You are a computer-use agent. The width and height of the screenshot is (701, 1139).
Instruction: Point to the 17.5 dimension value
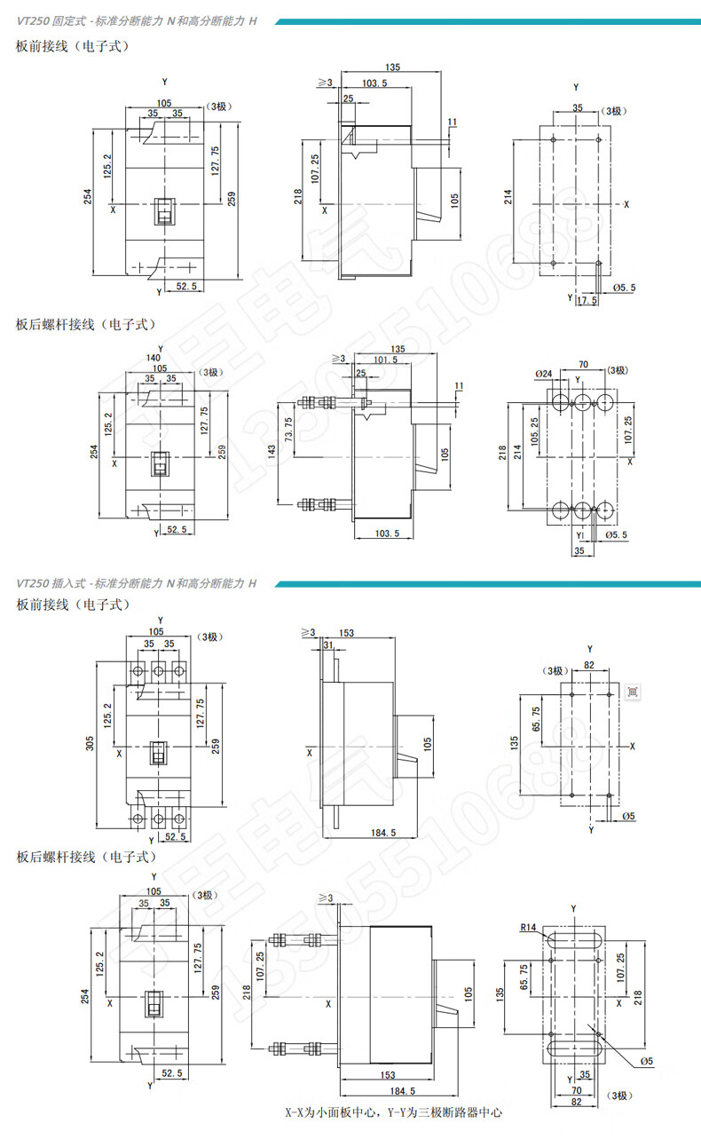click(x=587, y=302)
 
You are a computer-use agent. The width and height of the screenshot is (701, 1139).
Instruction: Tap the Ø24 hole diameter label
click(x=544, y=374)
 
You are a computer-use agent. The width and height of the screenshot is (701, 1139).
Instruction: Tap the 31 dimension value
click(x=329, y=645)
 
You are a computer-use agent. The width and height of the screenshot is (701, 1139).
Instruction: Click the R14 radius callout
click(x=530, y=929)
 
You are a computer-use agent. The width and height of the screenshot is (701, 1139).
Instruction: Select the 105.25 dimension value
click(x=534, y=431)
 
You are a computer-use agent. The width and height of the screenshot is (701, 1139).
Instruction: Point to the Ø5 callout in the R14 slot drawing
click(x=647, y=1061)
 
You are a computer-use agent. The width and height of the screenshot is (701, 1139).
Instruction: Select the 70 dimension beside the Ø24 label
click(x=584, y=364)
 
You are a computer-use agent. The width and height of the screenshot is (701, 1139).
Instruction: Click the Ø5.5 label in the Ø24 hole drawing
click(x=618, y=535)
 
